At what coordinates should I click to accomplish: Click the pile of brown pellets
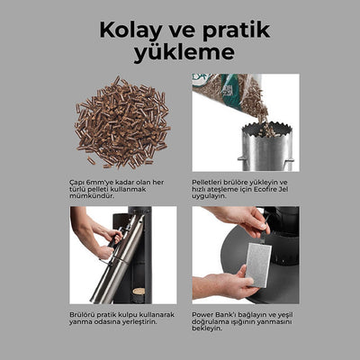coord(120,122)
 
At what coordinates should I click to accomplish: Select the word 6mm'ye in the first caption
coord(96,180)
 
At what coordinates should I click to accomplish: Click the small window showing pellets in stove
coord(138,292)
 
